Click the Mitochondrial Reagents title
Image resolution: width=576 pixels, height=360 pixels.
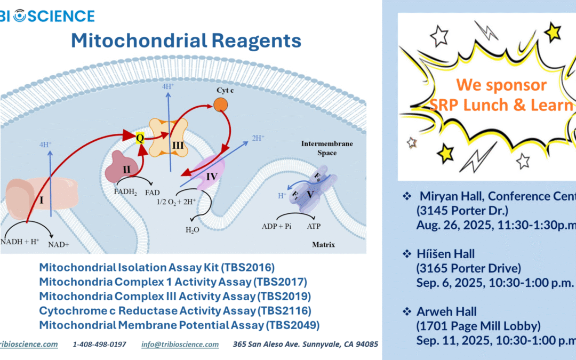186,41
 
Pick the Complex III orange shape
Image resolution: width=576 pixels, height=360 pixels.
168,138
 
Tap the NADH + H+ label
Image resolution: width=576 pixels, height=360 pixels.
21,242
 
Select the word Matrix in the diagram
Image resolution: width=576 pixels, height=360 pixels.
324,245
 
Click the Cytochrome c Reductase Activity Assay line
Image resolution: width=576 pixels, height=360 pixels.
175,310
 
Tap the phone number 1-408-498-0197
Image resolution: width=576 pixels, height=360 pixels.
99,345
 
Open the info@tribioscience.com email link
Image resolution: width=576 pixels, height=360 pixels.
180,345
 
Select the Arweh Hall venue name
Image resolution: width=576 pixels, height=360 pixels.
439,311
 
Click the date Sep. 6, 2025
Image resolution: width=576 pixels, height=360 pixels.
449,283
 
